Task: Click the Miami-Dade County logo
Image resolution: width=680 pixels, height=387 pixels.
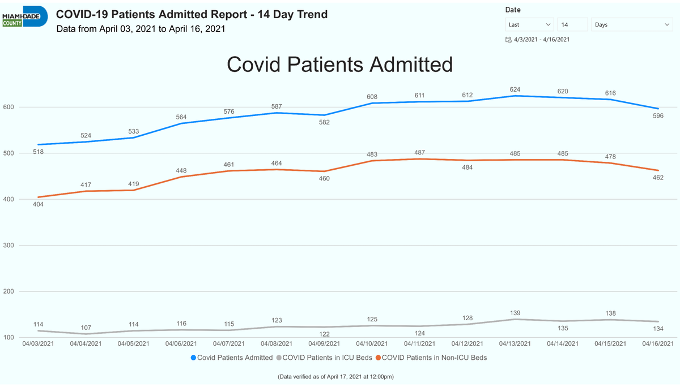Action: [25, 16]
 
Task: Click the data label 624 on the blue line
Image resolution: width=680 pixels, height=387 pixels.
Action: [515, 89]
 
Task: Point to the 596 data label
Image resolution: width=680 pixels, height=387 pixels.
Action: [658, 116]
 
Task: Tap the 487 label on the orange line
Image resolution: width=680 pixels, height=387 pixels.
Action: [419, 152]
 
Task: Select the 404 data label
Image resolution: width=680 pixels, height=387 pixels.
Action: [38, 204]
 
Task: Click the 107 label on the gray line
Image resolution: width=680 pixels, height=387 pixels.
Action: [86, 328]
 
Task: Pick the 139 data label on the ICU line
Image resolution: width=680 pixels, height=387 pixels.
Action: [515, 313]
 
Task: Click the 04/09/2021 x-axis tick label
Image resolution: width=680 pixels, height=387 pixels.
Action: [324, 343]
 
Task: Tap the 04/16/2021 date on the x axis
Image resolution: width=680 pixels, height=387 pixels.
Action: [658, 343]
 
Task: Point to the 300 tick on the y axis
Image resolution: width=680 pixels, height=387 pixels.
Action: [8, 245]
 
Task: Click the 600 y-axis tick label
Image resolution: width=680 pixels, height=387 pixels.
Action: [8, 107]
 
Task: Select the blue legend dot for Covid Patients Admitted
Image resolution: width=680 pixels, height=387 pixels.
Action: [193, 358]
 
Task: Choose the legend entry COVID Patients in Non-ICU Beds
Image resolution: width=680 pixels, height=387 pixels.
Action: [431, 358]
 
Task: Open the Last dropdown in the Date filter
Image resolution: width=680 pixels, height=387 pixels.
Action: [529, 24]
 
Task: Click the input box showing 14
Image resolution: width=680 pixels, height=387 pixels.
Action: [572, 24]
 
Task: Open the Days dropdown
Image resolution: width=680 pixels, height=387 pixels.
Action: [632, 24]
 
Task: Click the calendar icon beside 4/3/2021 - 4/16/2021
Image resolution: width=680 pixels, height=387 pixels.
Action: [508, 40]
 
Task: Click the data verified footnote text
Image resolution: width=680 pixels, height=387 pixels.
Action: [335, 377]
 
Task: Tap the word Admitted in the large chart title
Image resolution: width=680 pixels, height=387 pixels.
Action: [411, 64]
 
